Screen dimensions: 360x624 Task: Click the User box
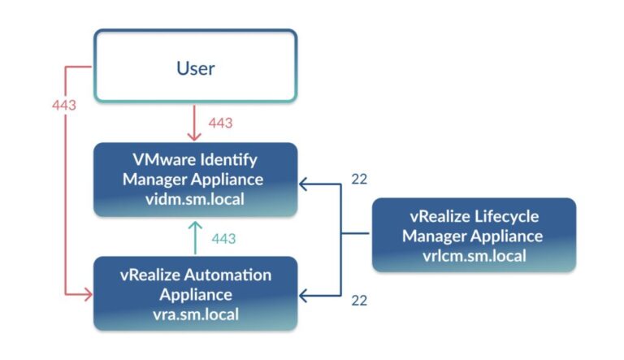pyautogui.click(x=195, y=67)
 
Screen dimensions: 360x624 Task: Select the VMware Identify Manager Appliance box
pyautogui.click(x=195, y=180)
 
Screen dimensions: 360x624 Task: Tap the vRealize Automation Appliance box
pyautogui.click(x=195, y=293)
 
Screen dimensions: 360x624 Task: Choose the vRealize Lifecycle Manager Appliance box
pyautogui.click(x=474, y=235)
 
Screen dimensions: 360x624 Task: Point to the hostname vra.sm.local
pyautogui.click(x=195, y=314)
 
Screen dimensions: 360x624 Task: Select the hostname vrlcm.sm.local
pyautogui.click(x=474, y=255)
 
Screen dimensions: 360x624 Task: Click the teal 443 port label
pyautogui.click(x=223, y=238)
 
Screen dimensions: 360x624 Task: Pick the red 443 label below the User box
pyautogui.click(x=220, y=124)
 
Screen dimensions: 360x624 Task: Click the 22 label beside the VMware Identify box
pyautogui.click(x=359, y=179)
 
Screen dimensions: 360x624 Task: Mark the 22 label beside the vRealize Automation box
pyautogui.click(x=359, y=300)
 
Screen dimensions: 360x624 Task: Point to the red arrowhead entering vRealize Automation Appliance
pyautogui.click(x=87, y=293)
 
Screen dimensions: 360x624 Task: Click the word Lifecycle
pyautogui.click(x=502, y=217)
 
